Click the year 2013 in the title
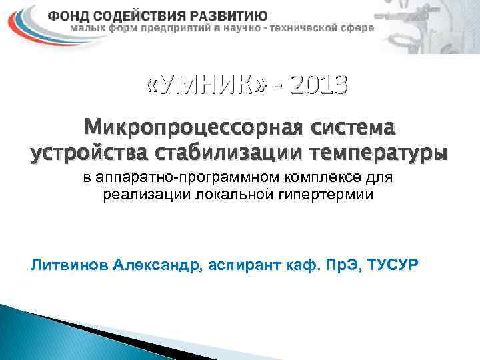(x=319, y=84)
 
